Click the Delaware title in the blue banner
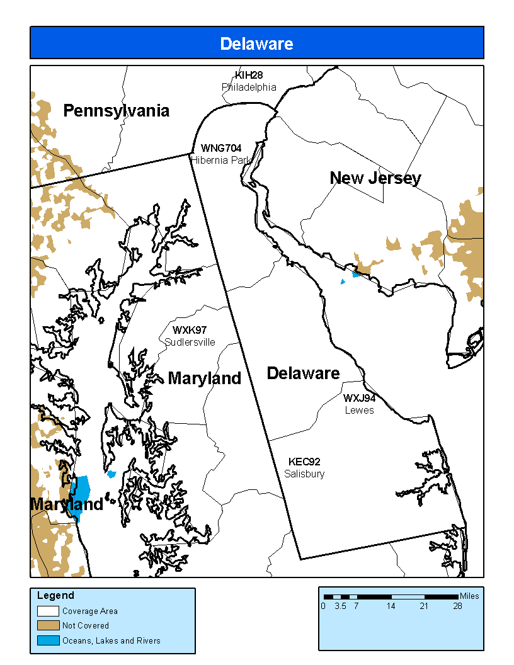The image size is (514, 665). point(256,43)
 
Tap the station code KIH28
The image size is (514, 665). point(249,76)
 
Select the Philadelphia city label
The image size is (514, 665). point(249,87)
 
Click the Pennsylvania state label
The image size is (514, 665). point(117,111)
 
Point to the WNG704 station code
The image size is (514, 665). point(221,148)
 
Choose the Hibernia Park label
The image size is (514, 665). point(221,160)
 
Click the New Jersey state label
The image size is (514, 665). point(375,178)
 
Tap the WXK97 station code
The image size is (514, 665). point(190,330)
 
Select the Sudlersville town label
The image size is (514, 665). point(190,342)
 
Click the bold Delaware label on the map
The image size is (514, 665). point(303,373)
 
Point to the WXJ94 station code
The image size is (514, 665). point(359,398)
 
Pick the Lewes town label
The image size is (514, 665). point(359,410)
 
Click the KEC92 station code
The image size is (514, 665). point(304,462)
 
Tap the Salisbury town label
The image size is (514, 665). point(304,474)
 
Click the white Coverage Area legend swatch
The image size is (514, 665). point(48,611)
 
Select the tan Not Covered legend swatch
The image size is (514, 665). point(48,626)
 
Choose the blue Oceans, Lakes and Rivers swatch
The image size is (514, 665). point(48,641)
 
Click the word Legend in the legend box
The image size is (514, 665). point(55,595)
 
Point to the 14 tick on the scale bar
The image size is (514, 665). point(391,606)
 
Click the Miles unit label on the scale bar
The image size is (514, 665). point(469,596)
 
